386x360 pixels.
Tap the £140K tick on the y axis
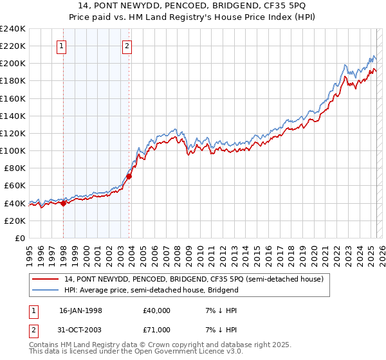pyautogui.click(x=12, y=116)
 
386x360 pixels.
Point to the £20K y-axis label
pyautogui.click(x=15, y=221)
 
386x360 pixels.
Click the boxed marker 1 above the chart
pyautogui.click(x=62, y=46)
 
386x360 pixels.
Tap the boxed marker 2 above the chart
pyautogui.click(x=127, y=46)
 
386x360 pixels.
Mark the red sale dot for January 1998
pyautogui.click(x=64, y=203)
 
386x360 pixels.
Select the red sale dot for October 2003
pyautogui.click(x=129, y=176)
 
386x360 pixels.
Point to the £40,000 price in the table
pyautogui.click(x=157, y=310)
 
